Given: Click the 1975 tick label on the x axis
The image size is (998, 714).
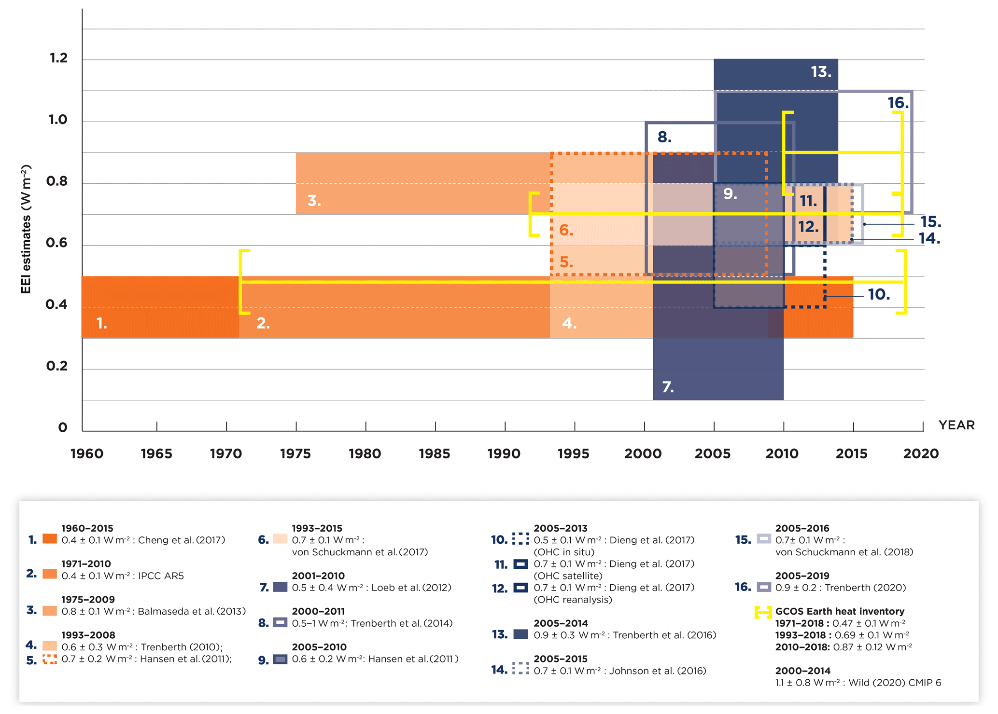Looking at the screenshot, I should coord(295,454).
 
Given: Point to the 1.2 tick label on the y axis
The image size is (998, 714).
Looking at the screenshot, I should coord(58,58).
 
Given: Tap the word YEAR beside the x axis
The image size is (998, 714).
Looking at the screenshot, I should coord(956,425).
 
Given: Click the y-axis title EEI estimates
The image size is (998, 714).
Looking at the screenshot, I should coord(26,229).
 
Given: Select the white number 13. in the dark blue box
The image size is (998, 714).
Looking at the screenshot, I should coord(821,72).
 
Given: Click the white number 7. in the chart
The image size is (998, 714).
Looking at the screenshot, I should coord(668,387).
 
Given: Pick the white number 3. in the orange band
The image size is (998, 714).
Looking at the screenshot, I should coord(314,200).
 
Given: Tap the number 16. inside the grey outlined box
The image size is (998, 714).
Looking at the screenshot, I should coord(898,103).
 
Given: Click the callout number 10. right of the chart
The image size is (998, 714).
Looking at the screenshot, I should coord(879,294).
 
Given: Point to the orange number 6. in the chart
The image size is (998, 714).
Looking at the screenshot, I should coord(566,230).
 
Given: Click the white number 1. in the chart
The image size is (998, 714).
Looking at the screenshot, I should coord(101,323).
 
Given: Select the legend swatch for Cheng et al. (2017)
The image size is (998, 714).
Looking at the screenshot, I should coord(50,539).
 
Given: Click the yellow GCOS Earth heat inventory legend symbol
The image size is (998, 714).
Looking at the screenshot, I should coord(763,612).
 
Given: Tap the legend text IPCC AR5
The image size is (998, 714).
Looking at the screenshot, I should coord(161,576).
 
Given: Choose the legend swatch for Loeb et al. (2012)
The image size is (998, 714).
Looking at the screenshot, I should coord(280,587).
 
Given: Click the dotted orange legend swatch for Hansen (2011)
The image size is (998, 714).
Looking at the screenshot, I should coord(50,659).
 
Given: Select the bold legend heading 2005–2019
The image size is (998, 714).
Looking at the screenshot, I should coord(802,576).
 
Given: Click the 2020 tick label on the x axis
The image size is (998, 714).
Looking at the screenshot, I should coord(921,454).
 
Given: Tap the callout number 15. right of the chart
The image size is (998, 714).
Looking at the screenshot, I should coord(930,222).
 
